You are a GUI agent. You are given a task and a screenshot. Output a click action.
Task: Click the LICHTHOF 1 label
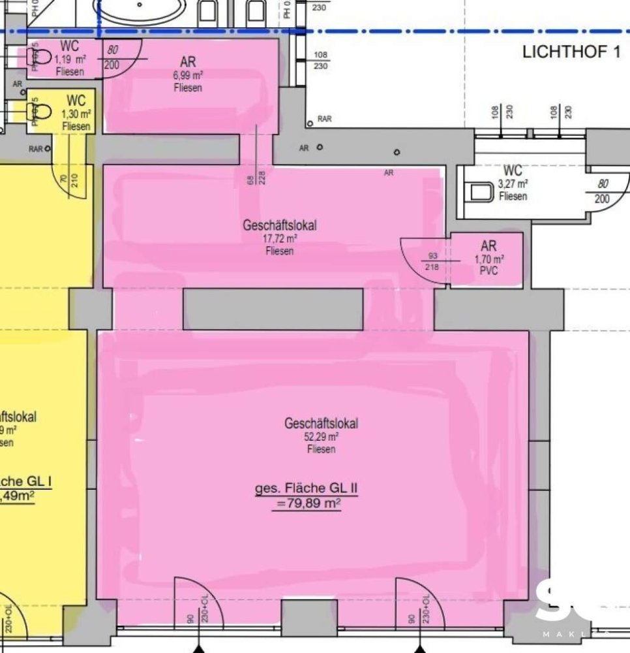coord(571,52)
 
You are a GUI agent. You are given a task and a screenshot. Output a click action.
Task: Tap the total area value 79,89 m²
coord(307,503)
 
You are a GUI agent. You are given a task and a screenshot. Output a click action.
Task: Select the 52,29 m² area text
coord(321,437)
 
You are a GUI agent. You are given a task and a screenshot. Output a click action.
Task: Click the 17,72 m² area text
coord(280,239)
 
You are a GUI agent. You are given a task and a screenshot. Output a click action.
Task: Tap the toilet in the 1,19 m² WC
coord(39,57)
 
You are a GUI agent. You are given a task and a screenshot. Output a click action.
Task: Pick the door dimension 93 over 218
coord(432,261)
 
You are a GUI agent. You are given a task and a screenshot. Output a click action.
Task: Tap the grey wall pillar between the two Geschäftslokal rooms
coord(273,309)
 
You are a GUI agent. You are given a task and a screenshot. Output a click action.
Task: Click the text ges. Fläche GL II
coord(307,488)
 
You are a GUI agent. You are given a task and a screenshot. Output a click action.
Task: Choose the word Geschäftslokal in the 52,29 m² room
coord(321,423)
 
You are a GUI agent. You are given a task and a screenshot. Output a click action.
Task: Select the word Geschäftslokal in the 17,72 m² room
coord(280,225)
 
